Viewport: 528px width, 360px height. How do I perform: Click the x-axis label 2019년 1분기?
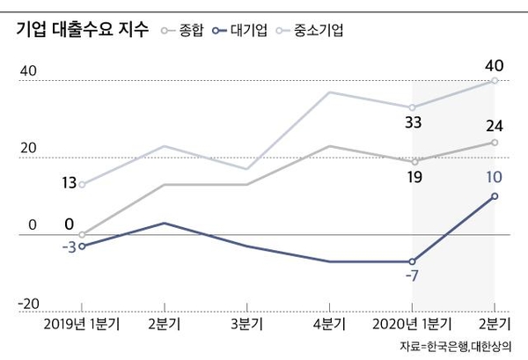coord(82,323)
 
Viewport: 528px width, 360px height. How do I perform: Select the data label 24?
coord(494,124)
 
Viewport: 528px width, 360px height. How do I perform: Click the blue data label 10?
coord(494,177)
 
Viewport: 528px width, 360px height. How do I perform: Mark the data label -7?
coord(413,278)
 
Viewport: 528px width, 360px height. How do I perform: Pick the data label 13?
coord(70,183)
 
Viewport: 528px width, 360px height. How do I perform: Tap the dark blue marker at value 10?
coord(495,195)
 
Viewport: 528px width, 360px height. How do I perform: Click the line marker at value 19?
coord(414,162)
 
